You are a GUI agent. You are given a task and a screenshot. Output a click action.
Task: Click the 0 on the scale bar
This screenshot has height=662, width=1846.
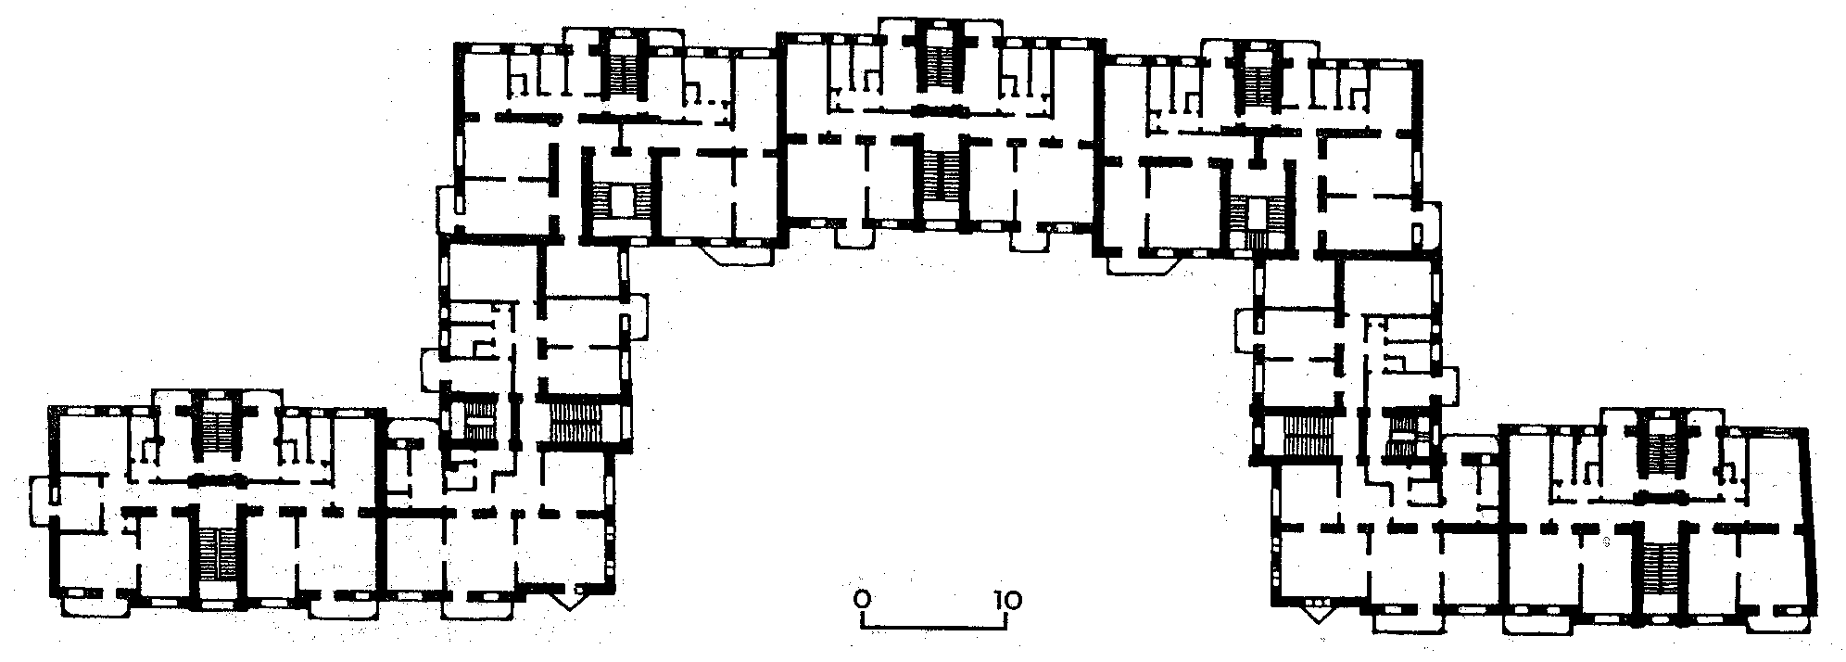click(x=863, y=600)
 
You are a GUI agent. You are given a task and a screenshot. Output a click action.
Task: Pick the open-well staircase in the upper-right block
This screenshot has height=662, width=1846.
click(x=1255, y=223)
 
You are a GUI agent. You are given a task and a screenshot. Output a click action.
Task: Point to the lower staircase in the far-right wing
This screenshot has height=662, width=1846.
click(x=1660, y=567)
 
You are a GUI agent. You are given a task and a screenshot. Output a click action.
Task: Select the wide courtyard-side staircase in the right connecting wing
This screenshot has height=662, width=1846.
click(x=1307, y=436)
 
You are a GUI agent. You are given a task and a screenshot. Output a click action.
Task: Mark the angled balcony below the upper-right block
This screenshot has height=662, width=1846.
click(x=1141, y=262)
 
